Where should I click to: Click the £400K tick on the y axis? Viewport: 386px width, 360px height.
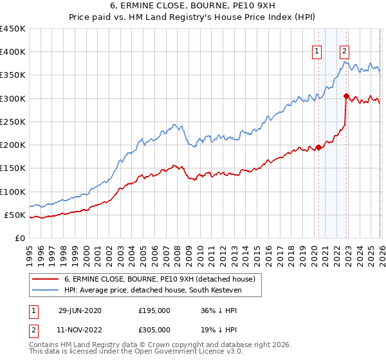pyautogui.click(x=13, y=52)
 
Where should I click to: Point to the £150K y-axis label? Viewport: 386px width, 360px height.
pyautogui.click(x=13, y=168)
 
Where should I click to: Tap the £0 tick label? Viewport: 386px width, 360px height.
pyautogui.click(x=21, y=238)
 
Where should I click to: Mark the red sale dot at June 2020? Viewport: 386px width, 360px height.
pyautogui.click(x=318, y=147)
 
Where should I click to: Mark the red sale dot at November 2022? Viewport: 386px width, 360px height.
pyautogui.click(x=346, y=96)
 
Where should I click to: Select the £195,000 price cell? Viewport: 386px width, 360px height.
pyautogui.click(x=154, y=310)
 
